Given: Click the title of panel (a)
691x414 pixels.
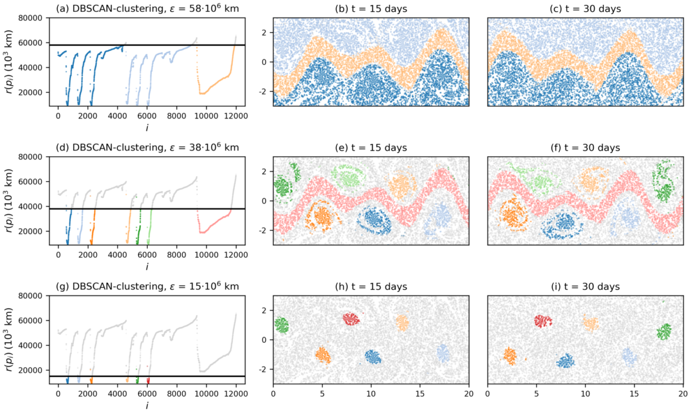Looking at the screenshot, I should click(x=147, y=8).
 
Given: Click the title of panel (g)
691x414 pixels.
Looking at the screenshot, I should click(x=147, y=287).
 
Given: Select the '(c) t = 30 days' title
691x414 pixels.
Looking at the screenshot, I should click(x=585, y=8).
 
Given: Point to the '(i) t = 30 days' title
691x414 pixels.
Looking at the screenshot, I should click(x=585, y=287).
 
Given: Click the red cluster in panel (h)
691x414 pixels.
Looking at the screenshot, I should click(x=351, y=318).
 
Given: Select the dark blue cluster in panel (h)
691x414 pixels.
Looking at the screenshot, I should click(x=373, y=357).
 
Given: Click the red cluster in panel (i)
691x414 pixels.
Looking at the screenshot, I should click(x=543, y=321).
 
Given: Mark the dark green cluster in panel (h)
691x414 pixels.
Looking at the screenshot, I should click(x=281, y=324).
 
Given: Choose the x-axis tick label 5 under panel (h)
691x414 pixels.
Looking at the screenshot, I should click(x=322, y=393).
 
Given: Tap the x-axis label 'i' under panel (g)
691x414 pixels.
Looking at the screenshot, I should click(x=147, y=406).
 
